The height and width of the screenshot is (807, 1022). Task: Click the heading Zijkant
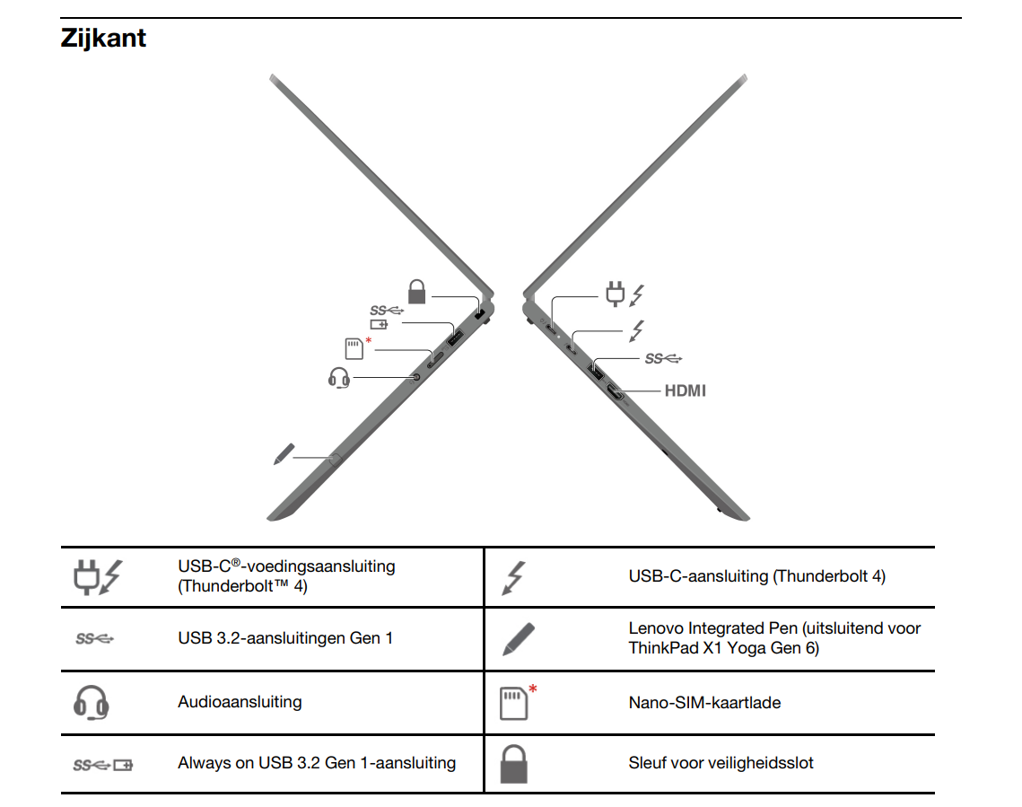tap(103, 38)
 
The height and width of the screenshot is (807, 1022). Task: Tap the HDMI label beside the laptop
tap(685, 390)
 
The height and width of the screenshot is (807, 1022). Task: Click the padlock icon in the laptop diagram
tap(416, 292)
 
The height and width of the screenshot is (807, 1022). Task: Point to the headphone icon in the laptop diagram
tap(339, 377)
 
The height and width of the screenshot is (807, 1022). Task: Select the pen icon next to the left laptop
tap(284, 453)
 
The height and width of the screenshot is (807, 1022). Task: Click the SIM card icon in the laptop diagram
tap(354, 349)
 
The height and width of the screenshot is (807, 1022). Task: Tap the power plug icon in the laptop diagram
tap(615, 294)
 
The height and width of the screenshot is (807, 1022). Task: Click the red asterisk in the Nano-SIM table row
tap(532, 689)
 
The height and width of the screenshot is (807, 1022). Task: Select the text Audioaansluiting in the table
tap(240, 702)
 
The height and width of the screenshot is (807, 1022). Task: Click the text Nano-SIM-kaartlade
tap(704, 703)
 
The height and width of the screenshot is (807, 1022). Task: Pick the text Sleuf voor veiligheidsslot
tap(721, 763)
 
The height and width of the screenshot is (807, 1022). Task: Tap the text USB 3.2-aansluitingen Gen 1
tap(285, 638)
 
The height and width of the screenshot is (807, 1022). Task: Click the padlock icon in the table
tap(513, 764)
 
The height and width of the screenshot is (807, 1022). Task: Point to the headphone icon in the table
tap(92, 703)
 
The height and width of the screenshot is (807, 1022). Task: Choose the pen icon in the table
tap(519, 639)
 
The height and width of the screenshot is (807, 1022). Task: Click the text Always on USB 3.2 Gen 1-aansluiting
tap(317, 763)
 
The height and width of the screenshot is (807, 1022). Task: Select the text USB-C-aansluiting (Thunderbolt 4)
tap(756, 576)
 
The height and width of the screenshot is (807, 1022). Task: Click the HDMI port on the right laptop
tap(616, 392)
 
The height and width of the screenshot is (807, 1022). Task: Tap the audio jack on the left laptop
tap(417, 377)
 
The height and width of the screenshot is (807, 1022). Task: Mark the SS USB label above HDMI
tap(663, 358)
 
